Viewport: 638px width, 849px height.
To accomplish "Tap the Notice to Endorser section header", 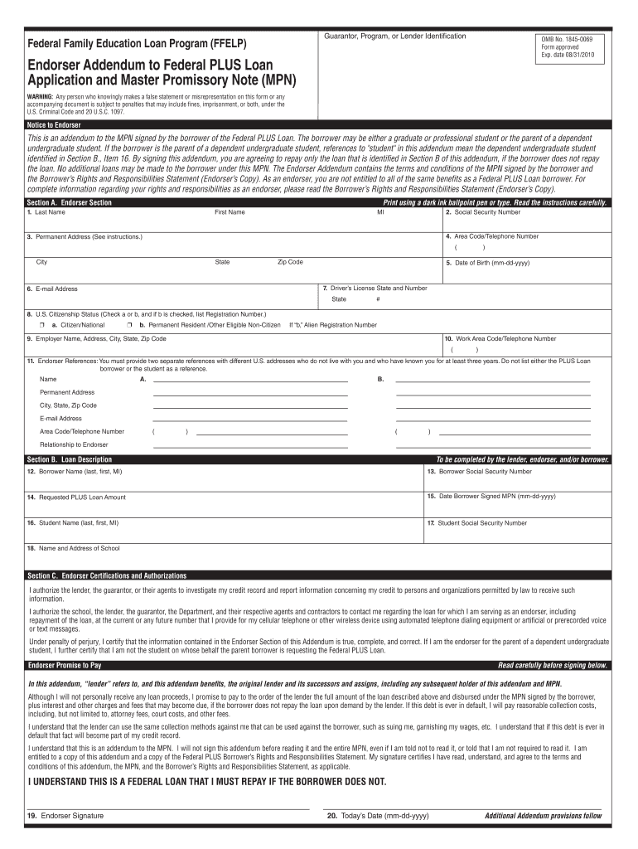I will [x=54, y=125].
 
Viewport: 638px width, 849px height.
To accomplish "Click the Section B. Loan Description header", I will [x=69, y=459].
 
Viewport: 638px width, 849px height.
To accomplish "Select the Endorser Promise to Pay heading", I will [x=65, y=665].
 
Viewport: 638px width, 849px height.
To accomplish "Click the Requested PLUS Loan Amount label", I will [x=75, y=497].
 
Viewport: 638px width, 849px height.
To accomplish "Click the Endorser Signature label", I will [x=65, y=816].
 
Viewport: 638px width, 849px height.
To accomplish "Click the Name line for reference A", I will [x=249, y=379].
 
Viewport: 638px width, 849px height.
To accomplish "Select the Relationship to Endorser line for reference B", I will [x=493, y=445].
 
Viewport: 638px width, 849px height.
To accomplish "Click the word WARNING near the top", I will [x=41, y=96].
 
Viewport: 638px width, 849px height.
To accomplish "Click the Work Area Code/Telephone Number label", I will [x=500, y=338].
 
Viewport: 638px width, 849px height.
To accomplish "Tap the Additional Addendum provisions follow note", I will [x=543, y=816].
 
